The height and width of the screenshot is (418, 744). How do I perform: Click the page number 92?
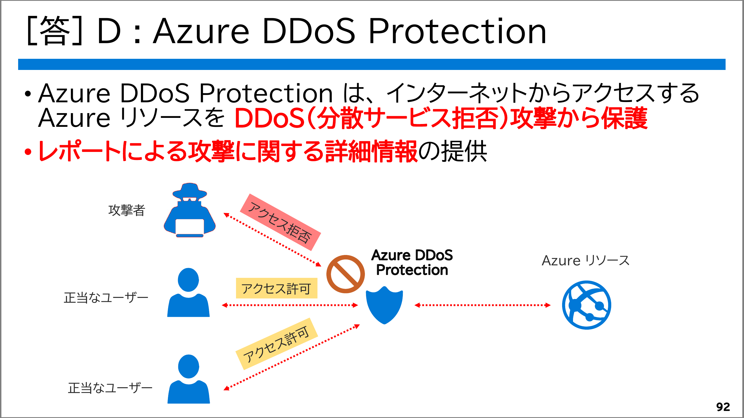click(723, 407)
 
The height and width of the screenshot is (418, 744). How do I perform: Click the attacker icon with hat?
click(189, 210)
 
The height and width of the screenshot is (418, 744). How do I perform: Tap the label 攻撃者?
click(126, 210)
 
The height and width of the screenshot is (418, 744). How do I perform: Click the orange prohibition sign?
click(345, 274)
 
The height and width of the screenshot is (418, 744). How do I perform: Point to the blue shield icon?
click(384, 305)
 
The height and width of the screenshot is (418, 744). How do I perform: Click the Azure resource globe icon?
click(586, 305)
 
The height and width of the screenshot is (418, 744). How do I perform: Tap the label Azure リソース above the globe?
click(586, 261)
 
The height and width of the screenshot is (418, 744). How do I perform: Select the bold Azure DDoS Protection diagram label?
click(412, 263)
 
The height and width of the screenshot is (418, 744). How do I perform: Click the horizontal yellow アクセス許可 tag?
click(276, 288)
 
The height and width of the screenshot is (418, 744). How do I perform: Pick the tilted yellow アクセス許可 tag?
click(277, 344)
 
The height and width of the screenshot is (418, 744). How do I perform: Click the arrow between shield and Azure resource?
click(482, 305)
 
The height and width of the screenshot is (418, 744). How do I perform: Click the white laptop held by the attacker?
click(189, 227)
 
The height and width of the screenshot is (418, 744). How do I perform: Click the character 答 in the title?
click(55, 31)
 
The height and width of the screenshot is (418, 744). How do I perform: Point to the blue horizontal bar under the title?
click(372, 64)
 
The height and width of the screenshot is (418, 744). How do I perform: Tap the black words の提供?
click(452, 151)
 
